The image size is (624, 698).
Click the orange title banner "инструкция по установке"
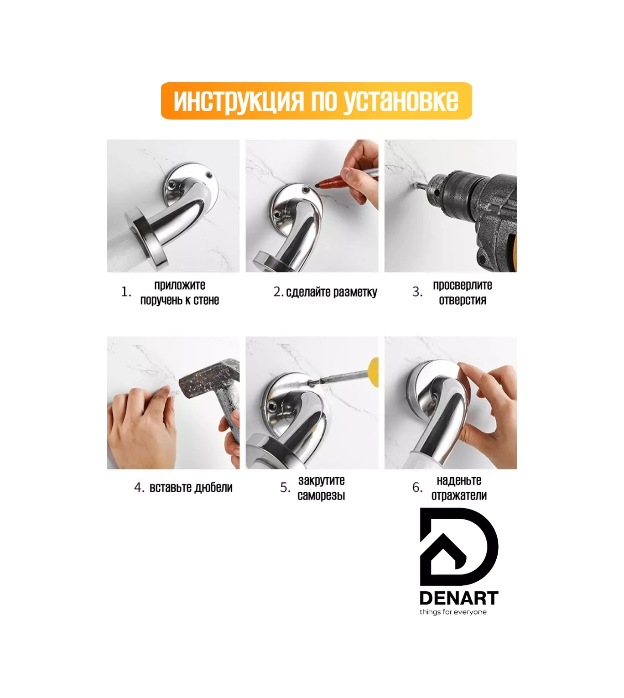(316, 101)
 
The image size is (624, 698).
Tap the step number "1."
(126, 292)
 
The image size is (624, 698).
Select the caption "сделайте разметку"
(331, 292)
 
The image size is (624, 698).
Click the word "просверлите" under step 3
(462, 285)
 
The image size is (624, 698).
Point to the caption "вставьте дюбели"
(191, 488)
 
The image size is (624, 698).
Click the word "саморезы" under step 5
(321, 495)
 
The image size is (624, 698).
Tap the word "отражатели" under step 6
(459, 495)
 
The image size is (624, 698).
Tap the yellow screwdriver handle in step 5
(374, 367)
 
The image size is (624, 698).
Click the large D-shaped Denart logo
(458, 547)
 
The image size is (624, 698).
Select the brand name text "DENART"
(458, 598)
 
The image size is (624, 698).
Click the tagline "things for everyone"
(453, 612)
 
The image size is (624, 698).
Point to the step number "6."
(417, 488)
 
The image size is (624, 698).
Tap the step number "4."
(139, 488)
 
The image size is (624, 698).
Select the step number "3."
(417, 292)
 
